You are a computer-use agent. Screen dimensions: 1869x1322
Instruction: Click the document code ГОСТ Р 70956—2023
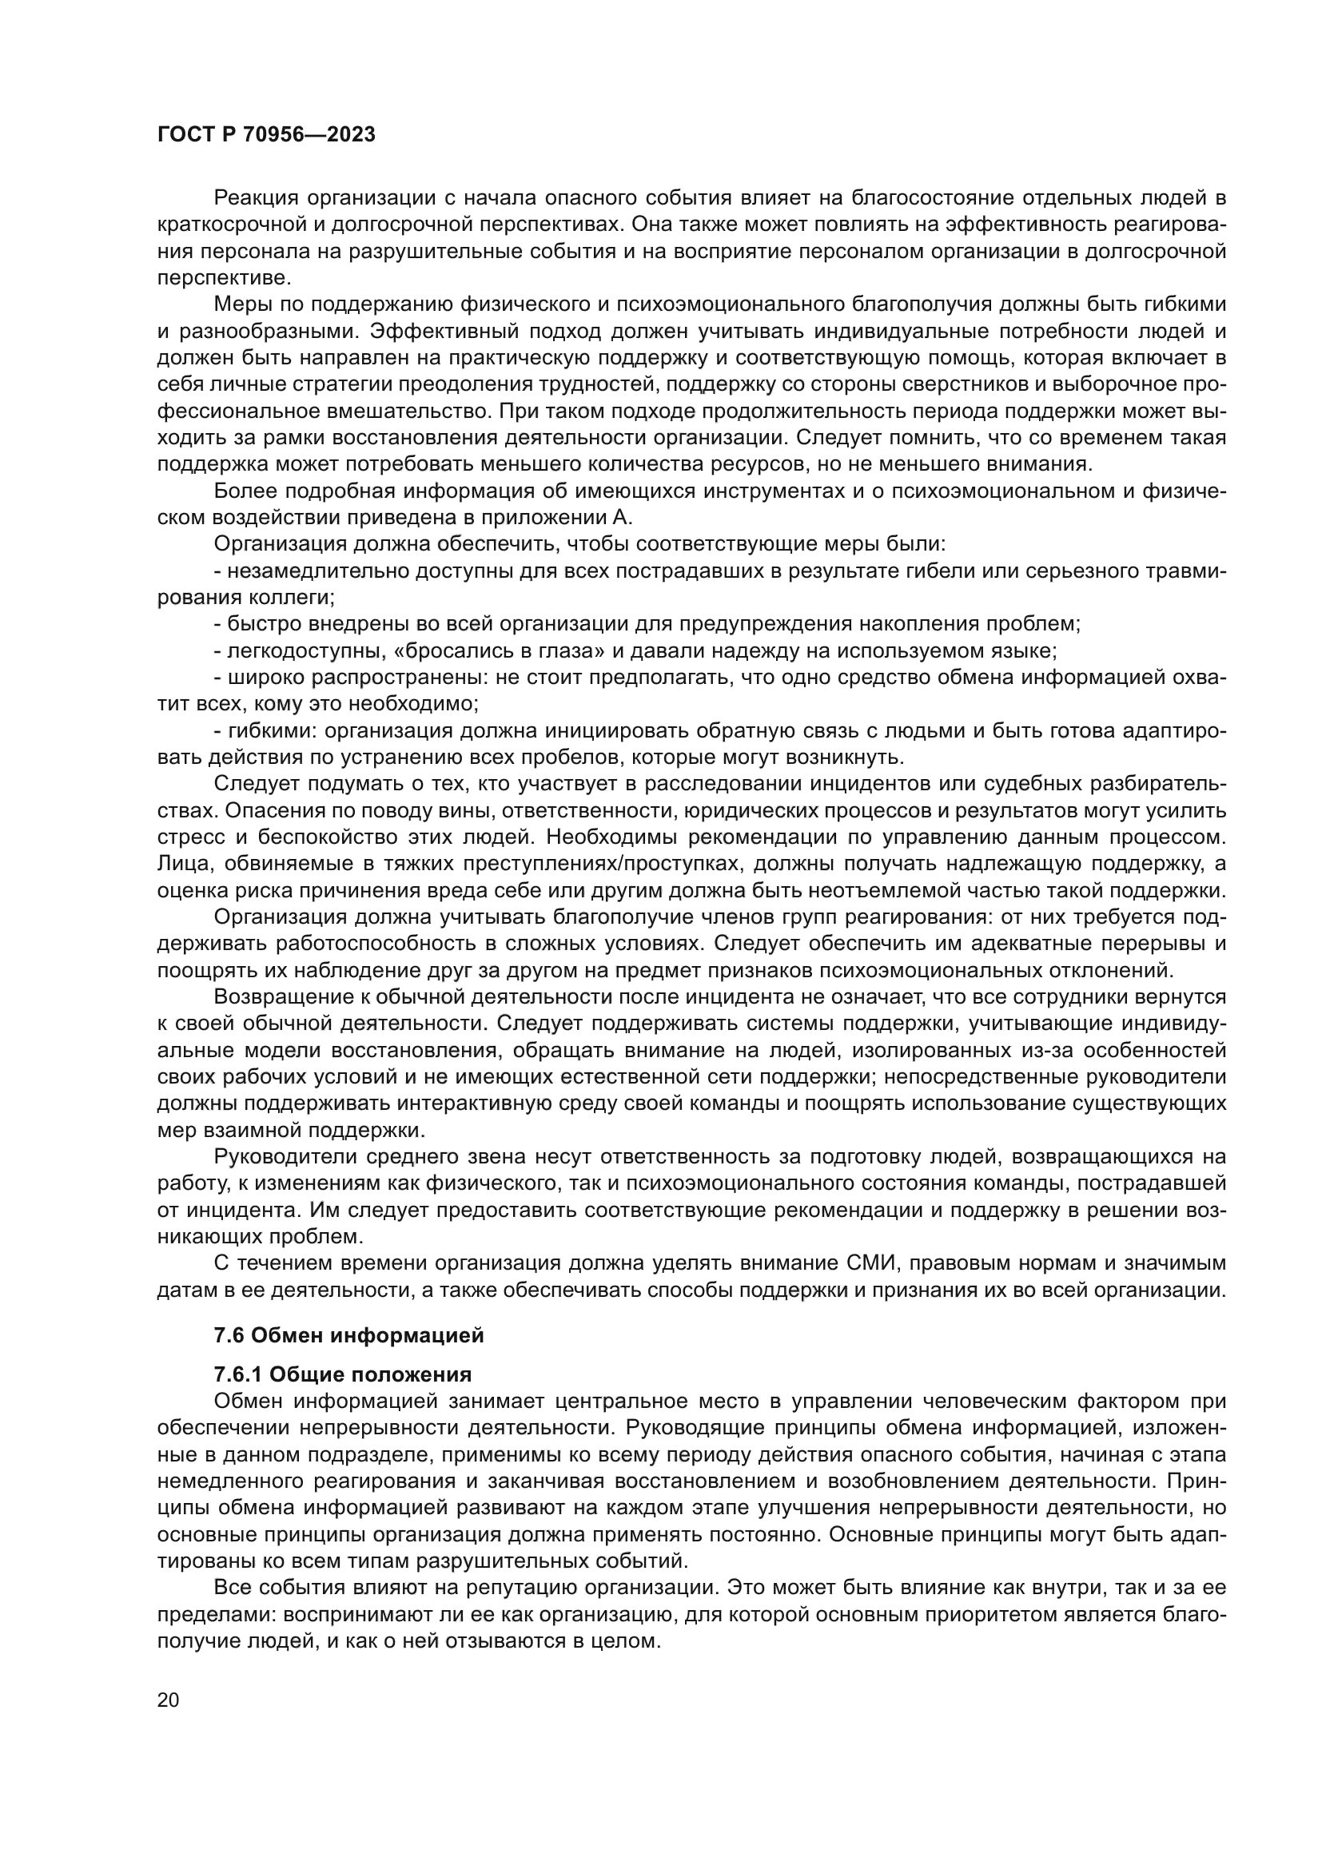(266, 135)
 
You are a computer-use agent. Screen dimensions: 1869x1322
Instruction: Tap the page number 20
(168, 1700)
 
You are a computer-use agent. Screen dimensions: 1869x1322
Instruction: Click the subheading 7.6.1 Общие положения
(342, 1375)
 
